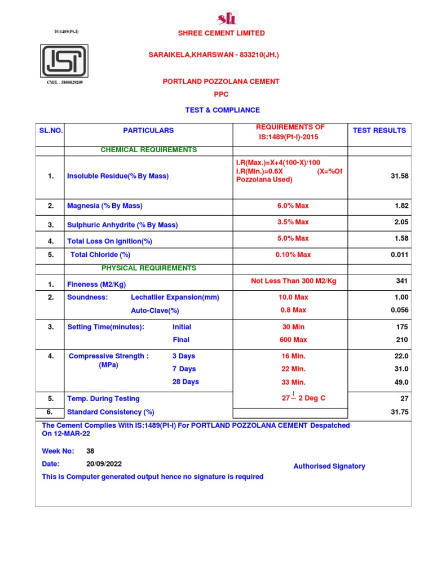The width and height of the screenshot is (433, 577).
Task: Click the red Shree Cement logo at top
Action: tap(227, 17)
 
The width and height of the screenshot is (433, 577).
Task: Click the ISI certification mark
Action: tap(64, 61)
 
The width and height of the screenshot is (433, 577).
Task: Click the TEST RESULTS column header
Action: tap(379, 131)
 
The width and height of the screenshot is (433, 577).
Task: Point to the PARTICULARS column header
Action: tap(148, 131)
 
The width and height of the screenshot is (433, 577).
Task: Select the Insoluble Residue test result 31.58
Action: tap(399, 176)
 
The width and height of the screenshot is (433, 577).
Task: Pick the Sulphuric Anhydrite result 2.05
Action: tap(401, 223)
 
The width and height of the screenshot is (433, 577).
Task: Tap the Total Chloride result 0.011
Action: tap(399, 255)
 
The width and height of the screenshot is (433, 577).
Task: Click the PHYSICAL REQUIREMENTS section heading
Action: tap(148, 268)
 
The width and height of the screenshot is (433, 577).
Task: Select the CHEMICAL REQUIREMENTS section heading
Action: tap(148, 150)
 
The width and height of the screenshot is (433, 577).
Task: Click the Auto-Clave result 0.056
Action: tap(399, 310)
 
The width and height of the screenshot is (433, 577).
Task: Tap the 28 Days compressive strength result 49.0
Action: tap(401, 382)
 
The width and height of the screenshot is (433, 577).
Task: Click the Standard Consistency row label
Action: tap(111, 412)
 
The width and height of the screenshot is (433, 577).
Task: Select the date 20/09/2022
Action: tap(104, 464)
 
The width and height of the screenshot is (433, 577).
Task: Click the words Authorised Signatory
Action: tap(329, 467)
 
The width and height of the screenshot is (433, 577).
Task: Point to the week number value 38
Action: tap(90, 451)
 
